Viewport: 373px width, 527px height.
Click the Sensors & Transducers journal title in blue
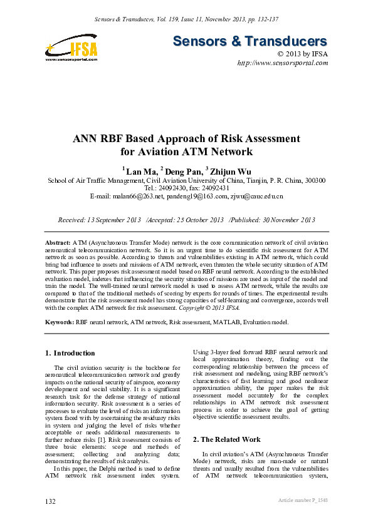(x=250, y=41)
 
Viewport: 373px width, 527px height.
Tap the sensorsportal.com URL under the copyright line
(x=282, y=64)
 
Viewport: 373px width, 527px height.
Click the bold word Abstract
(x=58, y=242)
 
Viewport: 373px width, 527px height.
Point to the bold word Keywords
(x=60, y=321)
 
